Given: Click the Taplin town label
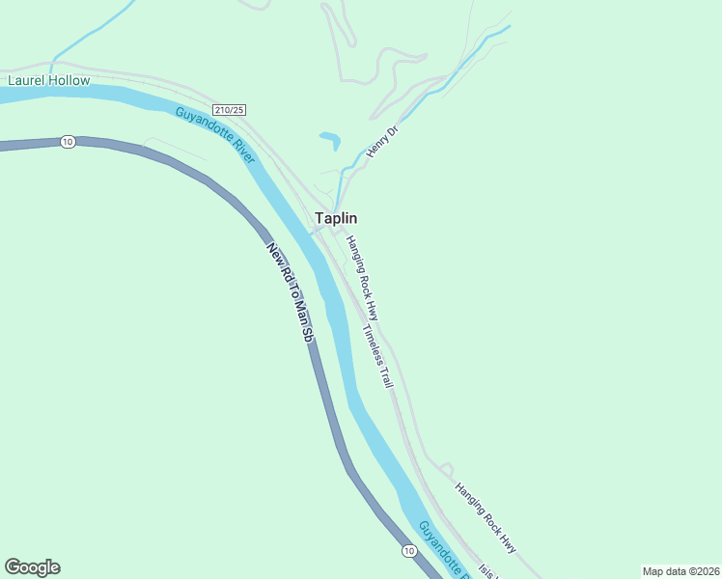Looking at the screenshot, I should [336, 219].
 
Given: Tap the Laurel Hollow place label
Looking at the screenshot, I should [48, 80].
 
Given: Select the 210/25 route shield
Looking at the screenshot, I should [229, 109].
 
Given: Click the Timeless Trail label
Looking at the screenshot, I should [378, 356].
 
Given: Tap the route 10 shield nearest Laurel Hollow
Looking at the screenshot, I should [67, 142].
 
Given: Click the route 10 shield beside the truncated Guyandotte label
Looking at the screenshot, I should [409, 550].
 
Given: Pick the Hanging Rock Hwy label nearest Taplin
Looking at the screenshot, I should [363, 279].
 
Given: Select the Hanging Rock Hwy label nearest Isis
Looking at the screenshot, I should [486, 517].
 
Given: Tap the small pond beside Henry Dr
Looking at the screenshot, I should [330, 139].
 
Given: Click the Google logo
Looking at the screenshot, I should [32, 567].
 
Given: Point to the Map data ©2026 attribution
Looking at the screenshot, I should [680, 570].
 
